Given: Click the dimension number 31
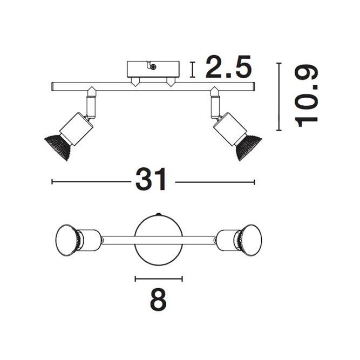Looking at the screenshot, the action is pos(151,179).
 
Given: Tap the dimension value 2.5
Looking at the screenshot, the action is pos(228,66).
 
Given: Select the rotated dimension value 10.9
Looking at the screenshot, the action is pos(306,97).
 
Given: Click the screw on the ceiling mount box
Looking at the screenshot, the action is pos(154,67).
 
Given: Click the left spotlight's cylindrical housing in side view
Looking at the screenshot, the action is pos(77,128).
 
